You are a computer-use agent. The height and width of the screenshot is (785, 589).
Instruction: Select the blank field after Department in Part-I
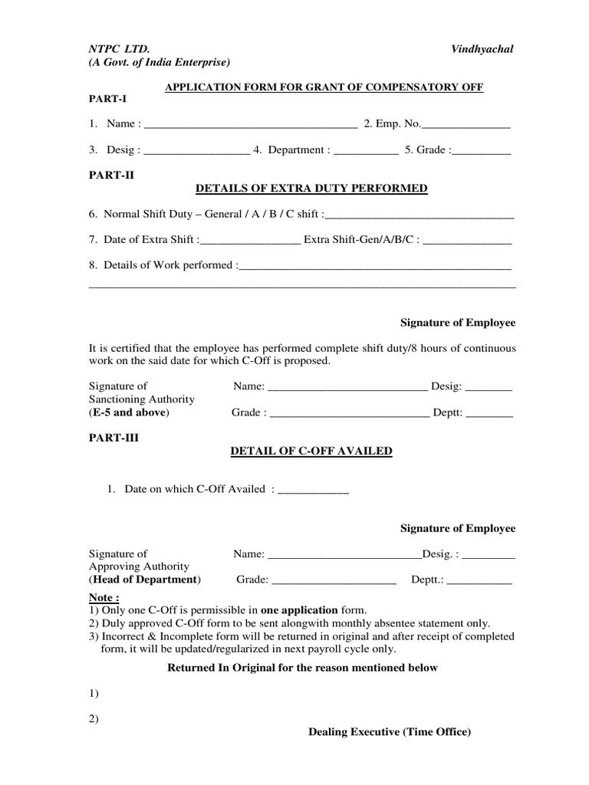point(366,151)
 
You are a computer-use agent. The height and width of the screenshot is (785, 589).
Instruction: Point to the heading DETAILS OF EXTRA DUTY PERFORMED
point(312,189)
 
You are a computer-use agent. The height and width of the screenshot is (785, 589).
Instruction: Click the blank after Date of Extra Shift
point(250,241)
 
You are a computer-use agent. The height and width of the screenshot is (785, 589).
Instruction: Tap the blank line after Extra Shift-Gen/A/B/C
point(467,241)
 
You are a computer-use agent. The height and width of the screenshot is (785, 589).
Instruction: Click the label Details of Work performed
point(166,265)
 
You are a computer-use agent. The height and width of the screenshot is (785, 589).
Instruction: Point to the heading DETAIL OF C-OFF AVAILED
point(312,452)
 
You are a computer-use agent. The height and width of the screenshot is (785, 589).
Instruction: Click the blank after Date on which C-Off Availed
point(313,490)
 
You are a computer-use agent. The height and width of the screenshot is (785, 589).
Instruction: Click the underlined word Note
point(104,597)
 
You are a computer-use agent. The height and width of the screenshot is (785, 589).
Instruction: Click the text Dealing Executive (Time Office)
point(390,732)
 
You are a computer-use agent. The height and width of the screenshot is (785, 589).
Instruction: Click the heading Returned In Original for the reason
point(302,668)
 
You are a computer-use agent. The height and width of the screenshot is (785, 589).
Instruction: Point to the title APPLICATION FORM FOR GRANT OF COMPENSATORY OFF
point(325,87)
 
